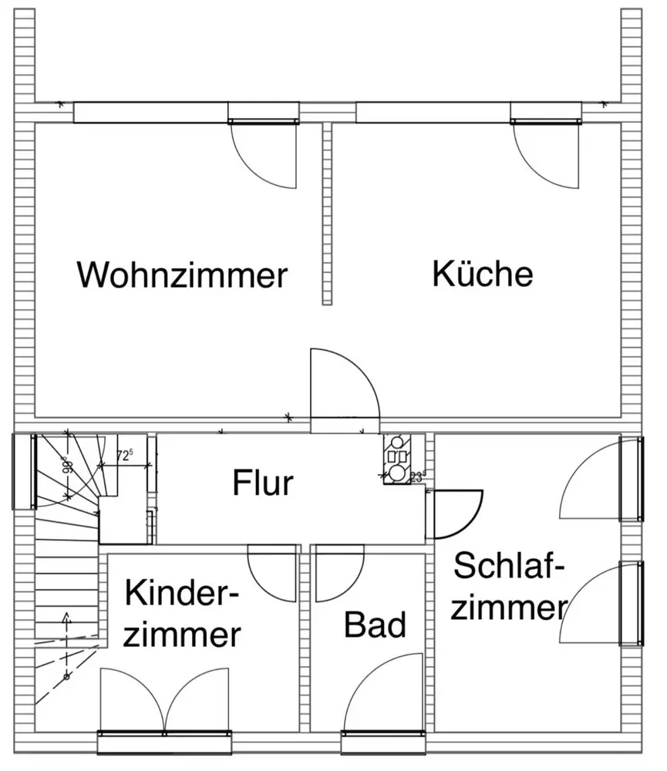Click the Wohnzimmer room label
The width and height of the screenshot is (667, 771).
(x=182, y=274)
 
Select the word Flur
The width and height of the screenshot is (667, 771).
(x=263, y=483)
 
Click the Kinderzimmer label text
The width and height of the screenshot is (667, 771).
(x=183, y=614)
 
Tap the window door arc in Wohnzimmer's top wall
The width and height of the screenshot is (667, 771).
(x=264, y=154)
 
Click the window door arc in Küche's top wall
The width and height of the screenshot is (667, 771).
(x=547, y=154)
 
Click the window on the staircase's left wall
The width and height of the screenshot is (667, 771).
(x=24, y=472)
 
